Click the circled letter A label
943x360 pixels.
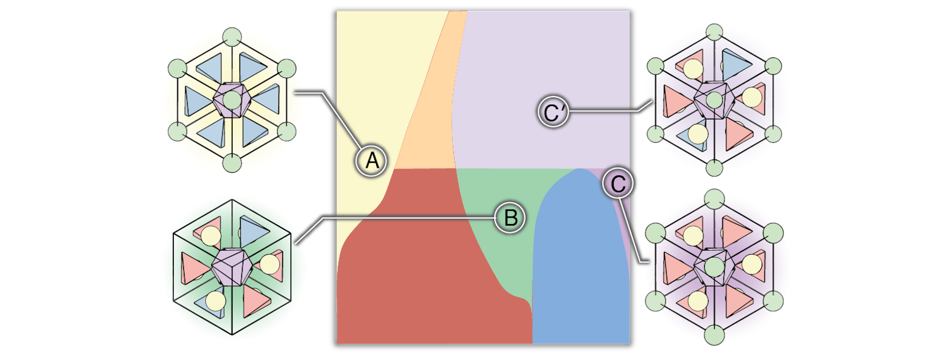372,161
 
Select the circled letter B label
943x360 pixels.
510,218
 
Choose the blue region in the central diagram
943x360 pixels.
580,268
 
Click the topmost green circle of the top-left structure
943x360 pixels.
231,36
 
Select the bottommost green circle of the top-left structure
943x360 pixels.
231,163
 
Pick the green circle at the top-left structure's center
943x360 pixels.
231,100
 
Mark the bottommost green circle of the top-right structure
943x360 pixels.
714,167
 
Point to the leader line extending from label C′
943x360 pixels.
605,112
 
